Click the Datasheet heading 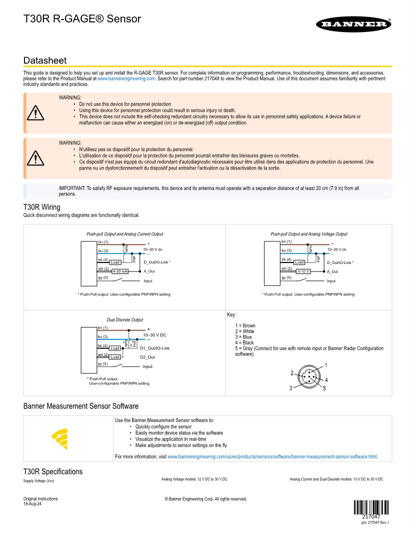pyautogui.click(x=44, y=60)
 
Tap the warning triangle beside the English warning pyautogui.click(x=35, y=113)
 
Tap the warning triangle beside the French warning pyautogui.click(x=35, y=158)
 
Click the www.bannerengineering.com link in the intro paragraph pyautogui.click(x=126, y=78)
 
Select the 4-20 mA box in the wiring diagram pyautogui.click(x=120, y=271)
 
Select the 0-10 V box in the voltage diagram pyautogui.click(x=303, y=271)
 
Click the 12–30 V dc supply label pyautogui.click(x=336, y=249)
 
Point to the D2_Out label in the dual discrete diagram pyautogui.click(x=147, y=357)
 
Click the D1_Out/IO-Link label pyautogui.click(x=155, y=348)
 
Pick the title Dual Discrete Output pyautogui.click(x=124, y=319)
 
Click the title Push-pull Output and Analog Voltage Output pyautogui.click(x=308, y=234)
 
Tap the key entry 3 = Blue pyautogui.click(x=243, y=337)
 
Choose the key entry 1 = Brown pyautogui.click(x=245, y=325)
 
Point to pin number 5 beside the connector pyautogui.click(x=324, y=388)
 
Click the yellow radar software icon pyautogui.click(x=60, y=438)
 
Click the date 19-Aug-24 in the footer pyautogui.click(x=32, y=504)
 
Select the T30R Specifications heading pyautogui.click(x=53, y=471)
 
